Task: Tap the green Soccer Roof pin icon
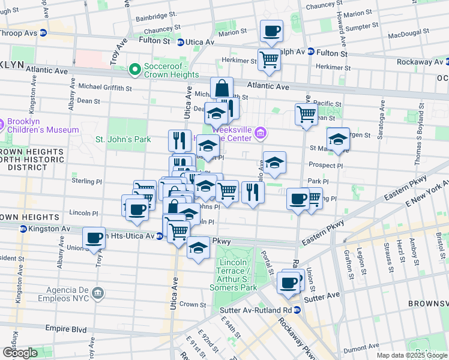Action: pos(135,70)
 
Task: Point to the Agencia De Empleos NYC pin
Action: pos(98,293)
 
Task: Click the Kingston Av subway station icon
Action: pos(23,229)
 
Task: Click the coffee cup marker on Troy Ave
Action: pos(94,238)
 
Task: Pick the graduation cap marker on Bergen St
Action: pos(338,140)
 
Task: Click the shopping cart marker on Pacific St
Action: pos(307,114)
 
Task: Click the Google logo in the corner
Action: pos(20,352)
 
